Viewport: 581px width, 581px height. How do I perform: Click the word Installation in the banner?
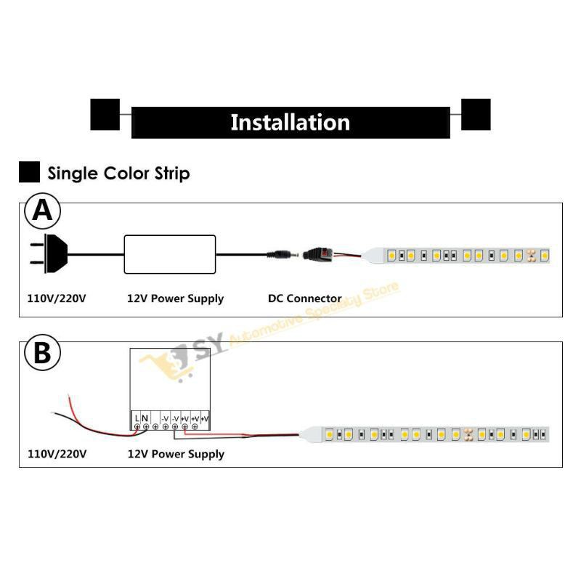[x=290, y=122]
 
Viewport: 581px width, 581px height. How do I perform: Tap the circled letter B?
[x=43, y=354]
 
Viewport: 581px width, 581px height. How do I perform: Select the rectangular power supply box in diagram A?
[x=170, y=253]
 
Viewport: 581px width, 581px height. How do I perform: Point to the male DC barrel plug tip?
[x=280, y=255]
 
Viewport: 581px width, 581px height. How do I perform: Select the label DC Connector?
[x=304, y=298]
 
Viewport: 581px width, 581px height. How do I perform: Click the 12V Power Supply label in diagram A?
[x=175, y=298]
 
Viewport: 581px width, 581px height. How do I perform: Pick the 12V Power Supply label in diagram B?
[x=175, y=454]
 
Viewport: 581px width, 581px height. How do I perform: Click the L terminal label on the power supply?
[x=137, y=418]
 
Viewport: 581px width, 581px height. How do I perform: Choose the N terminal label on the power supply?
[x=145, y=418]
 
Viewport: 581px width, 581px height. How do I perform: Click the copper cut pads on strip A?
[x=531, y=256]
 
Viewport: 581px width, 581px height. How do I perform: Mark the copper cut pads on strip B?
[x=468, y=434]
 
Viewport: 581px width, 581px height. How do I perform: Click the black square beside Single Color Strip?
[x=29, y=173]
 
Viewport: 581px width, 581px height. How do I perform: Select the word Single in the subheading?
[x=69, y=174]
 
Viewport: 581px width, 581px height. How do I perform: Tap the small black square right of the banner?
[x=476, y=115]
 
